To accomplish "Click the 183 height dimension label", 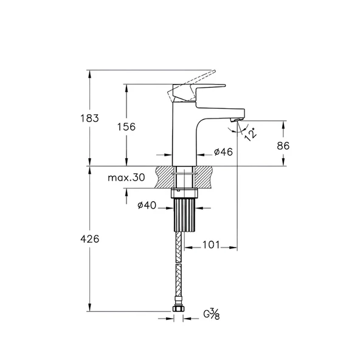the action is [89, 118].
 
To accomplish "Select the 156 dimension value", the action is [126, 126].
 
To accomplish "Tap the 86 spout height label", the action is [283, 146].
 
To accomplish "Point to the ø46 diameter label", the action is [223, 152].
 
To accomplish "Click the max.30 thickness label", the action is [126, 178].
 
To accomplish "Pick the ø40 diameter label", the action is [147, 206].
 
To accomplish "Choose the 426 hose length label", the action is [90, 239].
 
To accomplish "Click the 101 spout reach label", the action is [211, 245].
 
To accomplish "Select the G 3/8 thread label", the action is [212, 314].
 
